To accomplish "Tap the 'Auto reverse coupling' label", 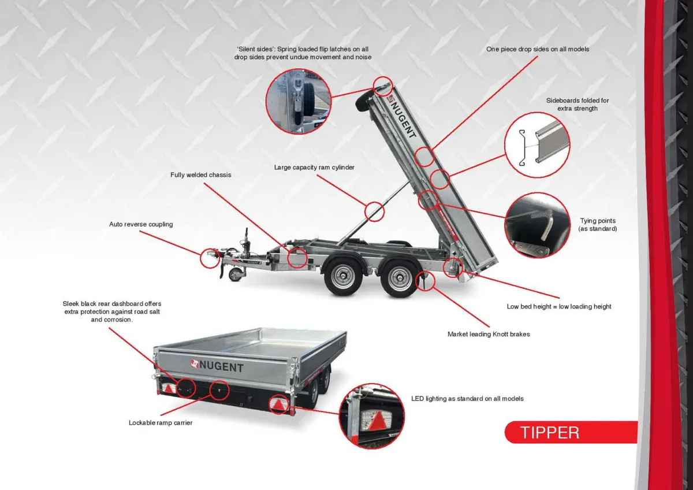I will pos(141,224).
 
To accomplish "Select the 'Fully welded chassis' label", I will pos(200,175).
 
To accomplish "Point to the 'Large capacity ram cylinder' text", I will pos(314,168).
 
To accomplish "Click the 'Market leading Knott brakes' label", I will pos(488,334).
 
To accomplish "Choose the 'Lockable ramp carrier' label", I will pos(161,423).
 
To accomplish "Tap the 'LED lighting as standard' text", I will pos(467,399).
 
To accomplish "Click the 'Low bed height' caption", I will pos(559,306).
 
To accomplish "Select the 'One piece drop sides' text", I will pos(538,50).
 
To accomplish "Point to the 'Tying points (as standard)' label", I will pos(597,225).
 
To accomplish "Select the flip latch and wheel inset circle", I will pos(299,102).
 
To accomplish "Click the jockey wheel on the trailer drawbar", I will pos(235,274).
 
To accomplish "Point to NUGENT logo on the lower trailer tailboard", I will pos(218,366).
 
